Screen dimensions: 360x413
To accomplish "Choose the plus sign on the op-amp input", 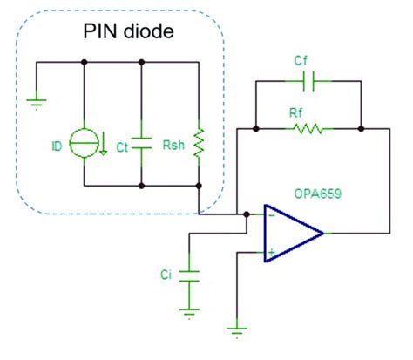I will click(x=271, y=253).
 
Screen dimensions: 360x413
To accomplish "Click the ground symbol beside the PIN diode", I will click(x=37, y=102).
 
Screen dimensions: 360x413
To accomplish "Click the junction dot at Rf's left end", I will click(x=254, y=129).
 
